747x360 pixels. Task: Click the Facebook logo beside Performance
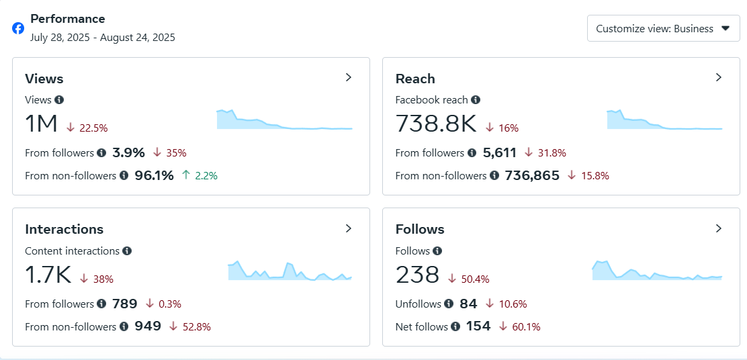pos(18,28)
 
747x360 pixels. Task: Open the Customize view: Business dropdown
pos(663,29)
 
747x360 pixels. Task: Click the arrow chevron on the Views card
pos(349,77)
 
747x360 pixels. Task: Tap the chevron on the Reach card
pos(719,77)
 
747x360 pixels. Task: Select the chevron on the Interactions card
pos(349,228)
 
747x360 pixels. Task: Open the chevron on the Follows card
pos(719,228)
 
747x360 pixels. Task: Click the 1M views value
pos(42,124)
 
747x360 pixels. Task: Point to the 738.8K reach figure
pos(435,124)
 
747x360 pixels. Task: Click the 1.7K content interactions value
pos(48,275)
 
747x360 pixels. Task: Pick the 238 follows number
pos(417,275)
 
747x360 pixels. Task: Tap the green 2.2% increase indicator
pos(200,176)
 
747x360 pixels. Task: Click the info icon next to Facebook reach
pos(476,100)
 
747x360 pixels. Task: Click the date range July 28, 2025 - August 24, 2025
pos(103,38)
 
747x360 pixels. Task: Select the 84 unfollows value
pos(468,304)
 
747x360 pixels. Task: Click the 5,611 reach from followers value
pos(500,153)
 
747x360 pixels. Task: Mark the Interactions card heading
pos(64,229)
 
